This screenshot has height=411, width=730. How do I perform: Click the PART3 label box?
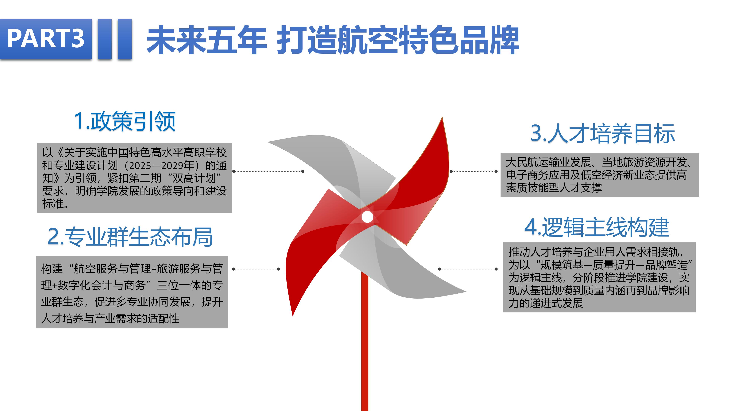(x=46, y=39)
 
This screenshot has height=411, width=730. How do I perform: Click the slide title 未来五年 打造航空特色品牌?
(x=333, y=40)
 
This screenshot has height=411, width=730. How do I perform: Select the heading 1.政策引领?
(x=125, y=121)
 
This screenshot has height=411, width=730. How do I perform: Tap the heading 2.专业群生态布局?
(x=130, y=237)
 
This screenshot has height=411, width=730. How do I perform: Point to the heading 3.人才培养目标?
(x=602, y=133)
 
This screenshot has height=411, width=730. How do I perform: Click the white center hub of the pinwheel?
(x=367, y=217)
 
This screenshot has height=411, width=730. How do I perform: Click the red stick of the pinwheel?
(x=365, y=340)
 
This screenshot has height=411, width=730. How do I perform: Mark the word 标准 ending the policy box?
(x=53, y=203)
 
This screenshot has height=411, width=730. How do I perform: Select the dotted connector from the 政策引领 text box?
(x=268, y=171)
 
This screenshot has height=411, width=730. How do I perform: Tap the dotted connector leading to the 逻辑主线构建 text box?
(x=468, y=269)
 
